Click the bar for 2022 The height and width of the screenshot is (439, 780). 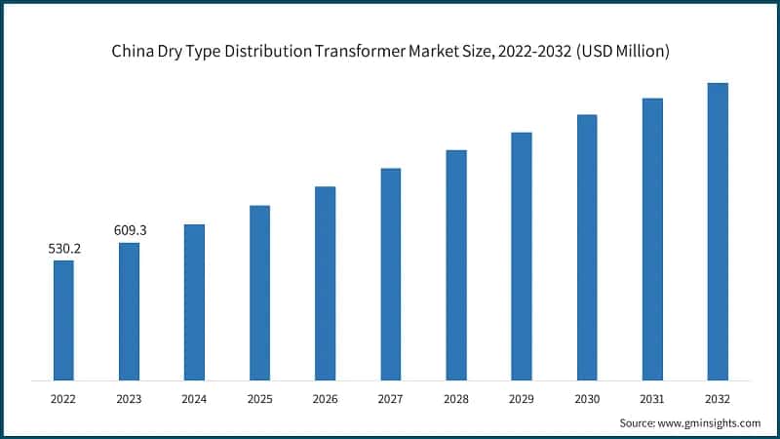pos(63,320)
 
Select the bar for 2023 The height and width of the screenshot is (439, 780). pos(129,311)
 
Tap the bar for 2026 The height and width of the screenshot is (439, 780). pos(326,283)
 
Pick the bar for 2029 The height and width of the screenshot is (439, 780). pos(522,256)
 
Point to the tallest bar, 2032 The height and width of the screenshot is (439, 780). pos(718,231)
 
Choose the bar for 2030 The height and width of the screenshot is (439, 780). pos(587,247)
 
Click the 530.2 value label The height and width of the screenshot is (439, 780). pos(64,249)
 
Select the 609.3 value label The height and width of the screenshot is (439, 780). pos(130,230)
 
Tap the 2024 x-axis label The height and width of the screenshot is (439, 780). pos(194,398)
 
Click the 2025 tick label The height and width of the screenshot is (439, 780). pos(259,398)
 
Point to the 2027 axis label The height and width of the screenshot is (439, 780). pos(390,398)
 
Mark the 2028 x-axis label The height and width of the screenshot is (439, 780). pos(455,398)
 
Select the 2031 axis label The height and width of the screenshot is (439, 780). pos(652,398)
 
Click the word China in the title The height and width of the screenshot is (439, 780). pos(132,52)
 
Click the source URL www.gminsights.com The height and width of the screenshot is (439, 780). pos(711,422)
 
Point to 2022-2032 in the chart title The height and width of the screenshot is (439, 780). pos(536,52)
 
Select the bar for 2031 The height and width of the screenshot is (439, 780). pos(652,239)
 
